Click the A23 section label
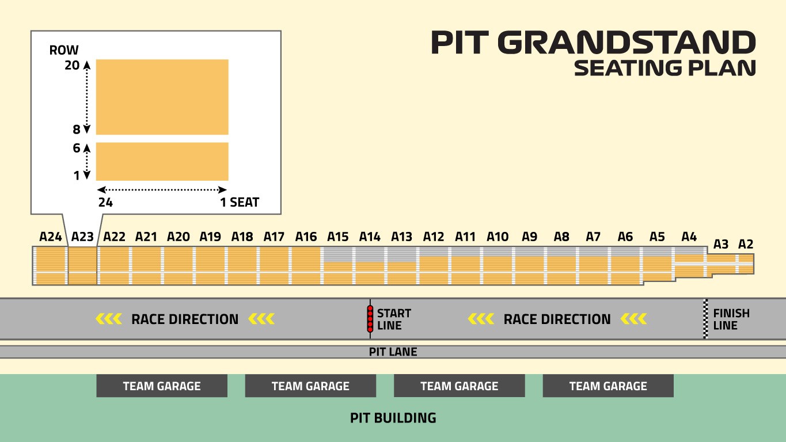click(82, 237)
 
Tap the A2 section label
click(746, 244)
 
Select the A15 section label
click(337, 237)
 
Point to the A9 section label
click(530, 237)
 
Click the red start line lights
click(370, 318)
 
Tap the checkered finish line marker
click(705, 319)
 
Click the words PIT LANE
click(393, 352)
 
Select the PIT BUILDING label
click(393, 418)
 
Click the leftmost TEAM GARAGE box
click(162, 386)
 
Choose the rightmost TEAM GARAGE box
click(608, 386)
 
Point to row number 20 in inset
click(72, 65)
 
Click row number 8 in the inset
click(77, 129)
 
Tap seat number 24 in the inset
click(105, 203)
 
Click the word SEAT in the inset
click(244, 203)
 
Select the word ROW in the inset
click(64, 50)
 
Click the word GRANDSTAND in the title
click(626, 43)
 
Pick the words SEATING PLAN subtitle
click(665, 68)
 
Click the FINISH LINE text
click(731, 319)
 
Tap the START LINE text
click(394, 319)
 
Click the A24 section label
click(51, 237)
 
